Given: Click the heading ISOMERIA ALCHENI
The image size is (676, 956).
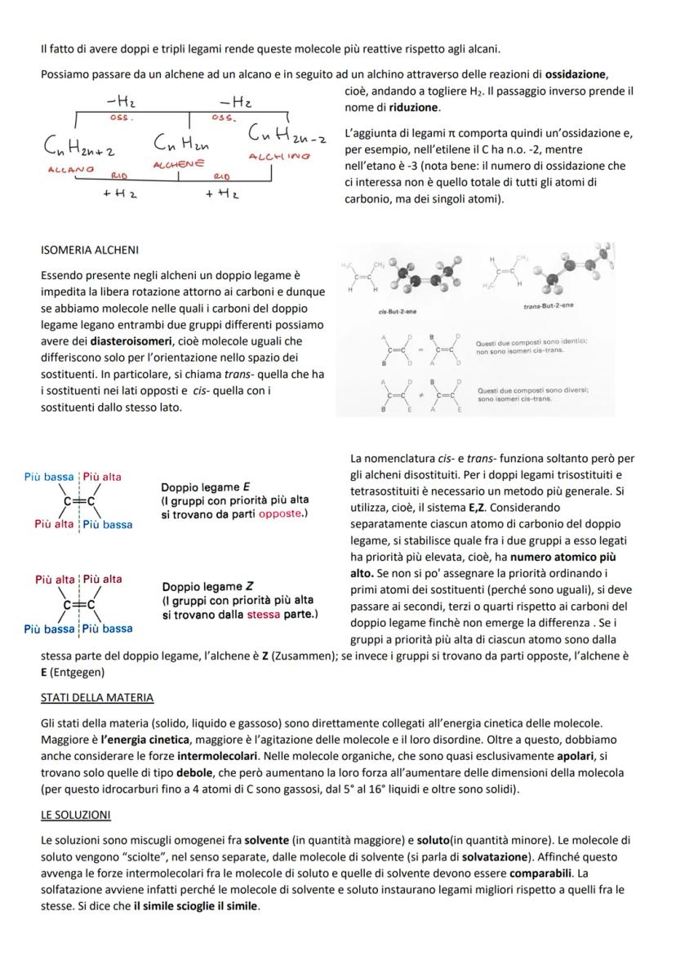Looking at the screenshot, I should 90,250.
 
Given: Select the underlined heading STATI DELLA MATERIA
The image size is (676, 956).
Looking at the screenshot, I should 97,697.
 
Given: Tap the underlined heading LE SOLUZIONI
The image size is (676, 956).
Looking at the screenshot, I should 75,815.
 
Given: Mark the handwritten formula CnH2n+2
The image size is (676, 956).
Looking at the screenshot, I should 79,149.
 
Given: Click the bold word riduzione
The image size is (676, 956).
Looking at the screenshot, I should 414,107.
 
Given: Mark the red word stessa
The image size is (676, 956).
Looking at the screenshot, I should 263,613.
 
